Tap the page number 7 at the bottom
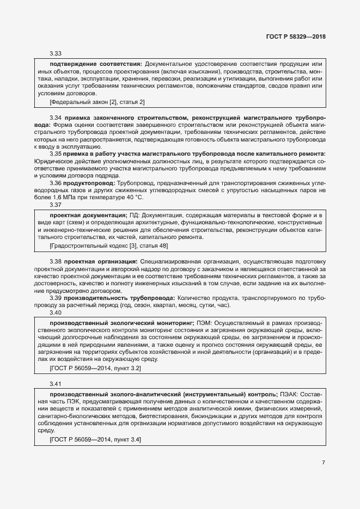pos(323,463)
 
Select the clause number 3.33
pos(56,54)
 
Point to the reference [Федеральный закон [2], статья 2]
pos(97,102)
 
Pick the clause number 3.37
pos(56,205)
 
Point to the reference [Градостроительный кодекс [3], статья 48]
pos(108,246)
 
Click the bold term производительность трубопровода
pos(119,298)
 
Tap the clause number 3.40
pos(56,312)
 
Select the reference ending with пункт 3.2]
pos(95,368)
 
